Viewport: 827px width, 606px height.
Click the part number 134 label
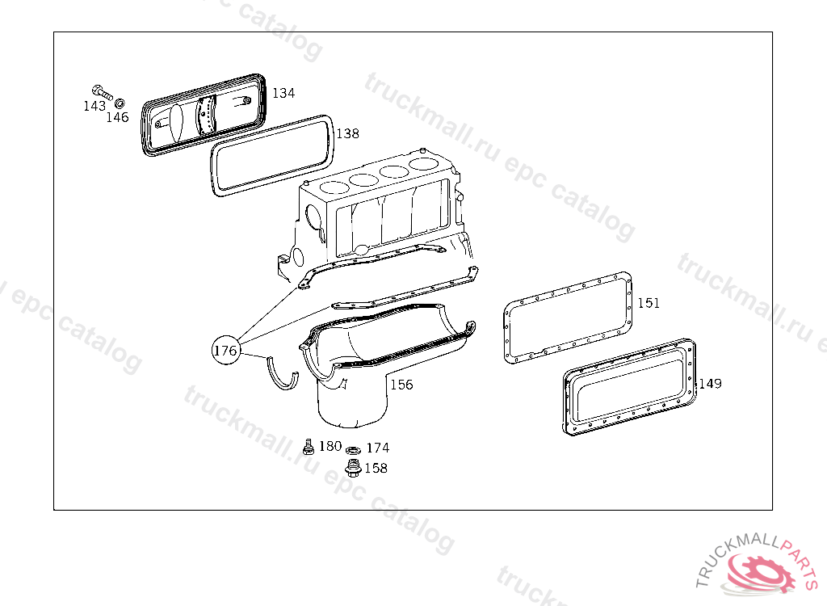tap(283, 93)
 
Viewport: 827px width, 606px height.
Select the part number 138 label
tap(347, 133)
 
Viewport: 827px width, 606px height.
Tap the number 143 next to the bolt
tap(94, 106)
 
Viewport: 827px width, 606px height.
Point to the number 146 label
tap(117, 117)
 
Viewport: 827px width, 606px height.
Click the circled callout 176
tap(225, 350)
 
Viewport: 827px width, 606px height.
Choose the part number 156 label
tap(401, 385)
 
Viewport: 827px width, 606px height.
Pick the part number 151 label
tap(649, 303)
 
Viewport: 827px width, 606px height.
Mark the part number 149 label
tap(711, 384)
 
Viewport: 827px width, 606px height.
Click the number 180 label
tap(330, 446)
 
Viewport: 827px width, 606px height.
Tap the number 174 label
tap(378, 448)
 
